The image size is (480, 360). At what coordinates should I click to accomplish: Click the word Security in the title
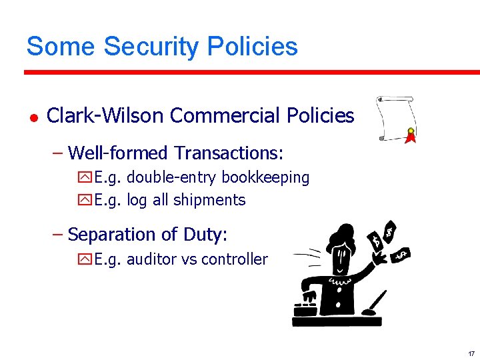pos(151,47)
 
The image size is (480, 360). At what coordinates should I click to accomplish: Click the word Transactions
pos(229,153)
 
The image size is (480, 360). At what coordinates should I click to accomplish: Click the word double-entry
pos(172,177)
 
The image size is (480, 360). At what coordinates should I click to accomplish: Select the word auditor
pos(147,259)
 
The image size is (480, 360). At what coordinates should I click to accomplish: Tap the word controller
pos(234,259)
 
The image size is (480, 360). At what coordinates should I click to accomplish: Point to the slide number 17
pos(471,353)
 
